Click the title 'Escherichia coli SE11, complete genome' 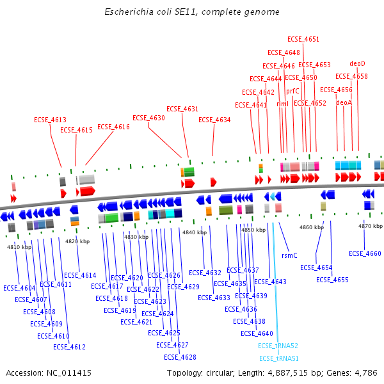pos(192,12)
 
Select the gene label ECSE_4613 pos(50,120)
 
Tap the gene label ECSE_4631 pos(182,109)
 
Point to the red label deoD pos(357,64)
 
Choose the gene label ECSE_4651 pos(303,40)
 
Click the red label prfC pos(292,91)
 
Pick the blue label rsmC pos(289,255)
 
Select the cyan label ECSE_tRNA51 pos(278,358)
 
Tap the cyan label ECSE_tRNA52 pos(278,346)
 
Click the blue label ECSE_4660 pos(365,253)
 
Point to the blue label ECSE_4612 pos(69,347)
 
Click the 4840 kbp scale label pos(195,232)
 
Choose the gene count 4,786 pos(365,372)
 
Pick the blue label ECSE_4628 pos(180,357)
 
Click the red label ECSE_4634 pos(214,120)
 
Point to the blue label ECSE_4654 pos(316,268)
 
